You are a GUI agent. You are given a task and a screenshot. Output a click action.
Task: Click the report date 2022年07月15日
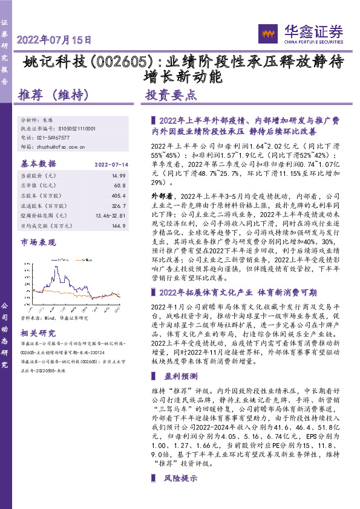coord(54,41)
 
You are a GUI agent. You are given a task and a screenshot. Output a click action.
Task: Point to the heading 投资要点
coord(171,95)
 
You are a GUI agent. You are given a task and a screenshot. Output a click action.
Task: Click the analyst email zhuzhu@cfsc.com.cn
coord(61,146)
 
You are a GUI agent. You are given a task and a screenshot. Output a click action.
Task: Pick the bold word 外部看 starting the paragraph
coord(162,196)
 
